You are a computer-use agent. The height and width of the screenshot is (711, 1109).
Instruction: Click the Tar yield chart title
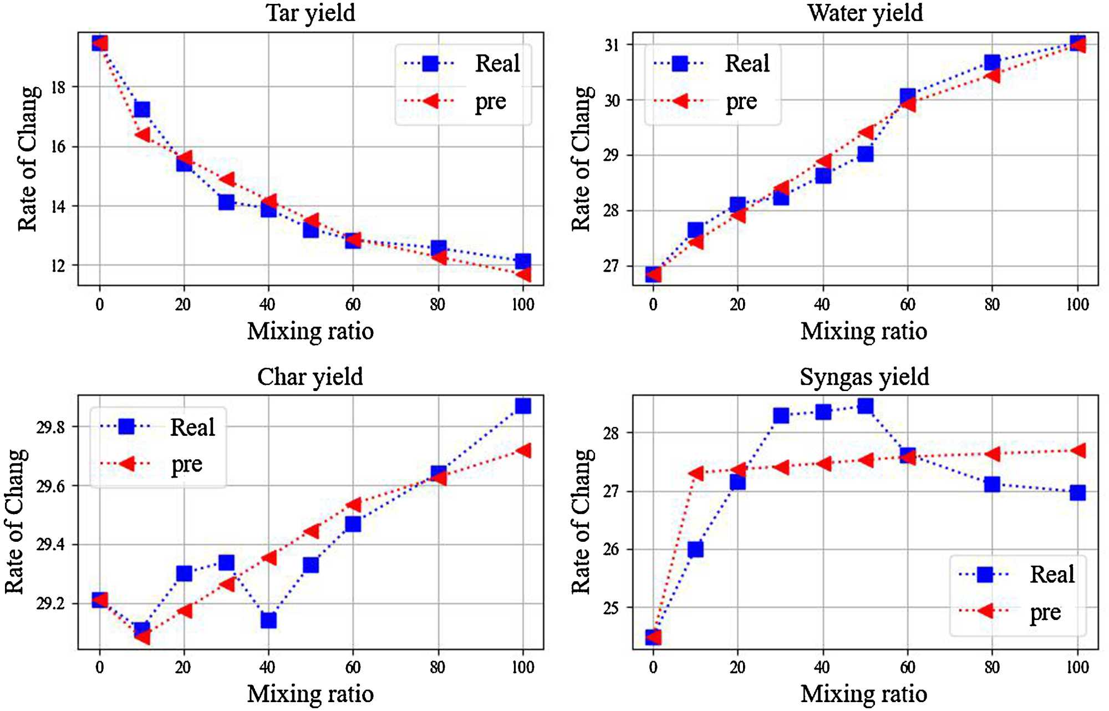(311, 13)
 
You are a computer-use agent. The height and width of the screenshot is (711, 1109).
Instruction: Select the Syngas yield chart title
(864, 377)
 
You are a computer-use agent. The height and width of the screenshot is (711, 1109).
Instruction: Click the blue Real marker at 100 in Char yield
(523, 406)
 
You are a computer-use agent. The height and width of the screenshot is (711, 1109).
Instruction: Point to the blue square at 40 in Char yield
(268, 619)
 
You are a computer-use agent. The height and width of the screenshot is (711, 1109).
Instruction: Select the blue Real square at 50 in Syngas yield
(865, 407)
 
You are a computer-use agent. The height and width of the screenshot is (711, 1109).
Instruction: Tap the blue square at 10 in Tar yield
(142, 109)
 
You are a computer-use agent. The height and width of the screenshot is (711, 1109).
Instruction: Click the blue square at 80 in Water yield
(992, 62)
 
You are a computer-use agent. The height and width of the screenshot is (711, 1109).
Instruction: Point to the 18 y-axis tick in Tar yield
(58, 87)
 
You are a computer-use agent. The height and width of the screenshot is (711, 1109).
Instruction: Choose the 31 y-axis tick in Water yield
(612, 45)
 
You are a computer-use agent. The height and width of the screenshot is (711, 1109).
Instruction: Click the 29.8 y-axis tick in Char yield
(50, 427)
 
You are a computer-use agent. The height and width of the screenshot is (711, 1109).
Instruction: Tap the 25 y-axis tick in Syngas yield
(611, 608)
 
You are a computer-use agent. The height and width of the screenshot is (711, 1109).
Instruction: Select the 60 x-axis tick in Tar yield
(353, 304)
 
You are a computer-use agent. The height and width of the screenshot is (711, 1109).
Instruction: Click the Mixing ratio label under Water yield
(864, 332)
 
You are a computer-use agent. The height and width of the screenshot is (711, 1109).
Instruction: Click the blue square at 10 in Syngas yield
(695, 549)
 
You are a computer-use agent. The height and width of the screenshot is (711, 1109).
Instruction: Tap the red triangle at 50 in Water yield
(867, 133)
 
